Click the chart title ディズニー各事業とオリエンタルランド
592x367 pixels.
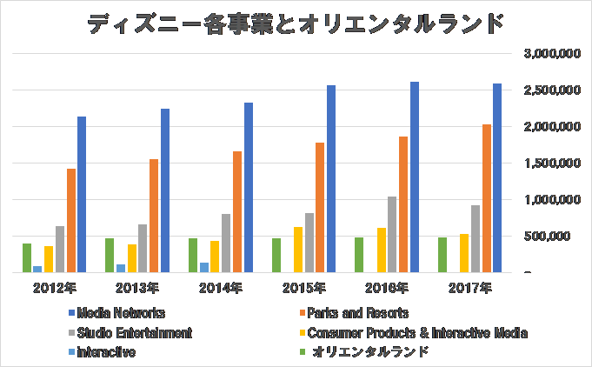(x=296, y=23)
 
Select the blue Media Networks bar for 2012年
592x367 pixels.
(x=82, y=194)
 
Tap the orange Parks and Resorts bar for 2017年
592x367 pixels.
(x=487, y=198)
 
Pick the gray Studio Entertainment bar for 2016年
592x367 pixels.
(x=392, y=234)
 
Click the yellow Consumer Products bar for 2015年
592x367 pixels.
(x=298, y=250)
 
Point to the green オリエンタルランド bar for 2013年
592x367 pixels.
(x=110, y=255)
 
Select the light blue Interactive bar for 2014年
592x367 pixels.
(x=204, y=267)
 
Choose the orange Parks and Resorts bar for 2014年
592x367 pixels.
(x=237, y=211)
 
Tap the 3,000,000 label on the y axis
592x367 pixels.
(x=553, y=54)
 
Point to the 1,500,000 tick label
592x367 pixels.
(x=553, y=163)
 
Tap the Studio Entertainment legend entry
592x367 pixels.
(x=128, y=332)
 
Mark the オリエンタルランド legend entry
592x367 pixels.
(x=364, y=352)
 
